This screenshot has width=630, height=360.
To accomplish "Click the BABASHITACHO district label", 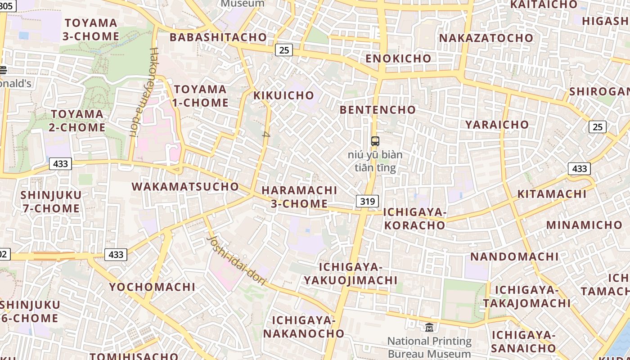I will point(218,37).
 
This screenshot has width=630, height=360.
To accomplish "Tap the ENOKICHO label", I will point(398,58).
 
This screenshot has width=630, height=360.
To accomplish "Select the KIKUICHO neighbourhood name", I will point(283,95).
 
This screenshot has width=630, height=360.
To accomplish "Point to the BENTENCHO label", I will point(378,110).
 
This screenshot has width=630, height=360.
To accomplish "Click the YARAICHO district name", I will point(497,125).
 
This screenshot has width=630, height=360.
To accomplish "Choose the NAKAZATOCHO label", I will point(486,38).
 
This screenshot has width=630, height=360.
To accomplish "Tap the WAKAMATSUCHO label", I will point(185,186).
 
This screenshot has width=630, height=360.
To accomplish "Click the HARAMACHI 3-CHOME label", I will point(299,197).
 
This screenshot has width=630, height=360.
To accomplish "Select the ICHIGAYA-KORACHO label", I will point(414,219).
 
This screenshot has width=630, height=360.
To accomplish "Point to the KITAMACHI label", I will point(552,194).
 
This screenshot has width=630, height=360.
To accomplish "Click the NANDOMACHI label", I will point(514,257).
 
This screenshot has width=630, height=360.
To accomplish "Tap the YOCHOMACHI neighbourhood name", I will point(152,287).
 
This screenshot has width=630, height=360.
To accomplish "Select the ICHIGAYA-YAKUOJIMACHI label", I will point(350,274).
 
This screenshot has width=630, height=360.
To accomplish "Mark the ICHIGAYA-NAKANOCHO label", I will point(304,327).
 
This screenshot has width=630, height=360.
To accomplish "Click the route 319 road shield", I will point(367,201).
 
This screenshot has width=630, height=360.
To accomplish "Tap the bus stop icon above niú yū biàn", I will point(375,141).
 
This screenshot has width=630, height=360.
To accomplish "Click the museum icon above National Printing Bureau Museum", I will point(429,327).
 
